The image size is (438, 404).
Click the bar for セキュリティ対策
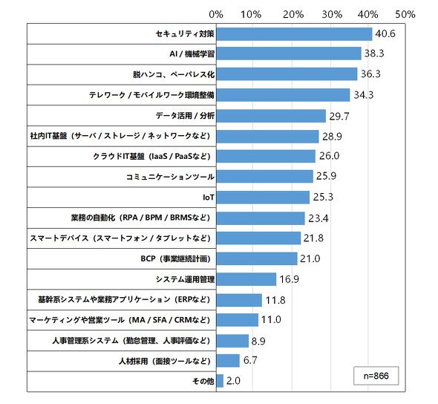295,34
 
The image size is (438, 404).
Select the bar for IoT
263,198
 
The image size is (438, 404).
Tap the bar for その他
220,381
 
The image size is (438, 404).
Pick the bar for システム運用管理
246,279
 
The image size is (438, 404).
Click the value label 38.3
374,53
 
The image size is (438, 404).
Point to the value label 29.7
339,116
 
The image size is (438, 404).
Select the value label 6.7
250,360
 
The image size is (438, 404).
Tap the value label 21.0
310,258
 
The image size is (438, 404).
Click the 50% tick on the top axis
405,14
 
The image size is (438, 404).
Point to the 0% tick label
216,14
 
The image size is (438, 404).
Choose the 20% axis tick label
293,14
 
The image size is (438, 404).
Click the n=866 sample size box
376,376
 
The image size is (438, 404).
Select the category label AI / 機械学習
192,53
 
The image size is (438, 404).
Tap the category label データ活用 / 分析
185,115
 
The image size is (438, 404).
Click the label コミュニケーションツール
170,177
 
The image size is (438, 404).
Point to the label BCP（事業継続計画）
176,258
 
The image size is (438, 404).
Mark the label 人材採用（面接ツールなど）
165,361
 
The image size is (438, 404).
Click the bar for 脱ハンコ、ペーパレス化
287,74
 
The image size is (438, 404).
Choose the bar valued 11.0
238,320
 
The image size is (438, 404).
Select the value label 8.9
258,341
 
